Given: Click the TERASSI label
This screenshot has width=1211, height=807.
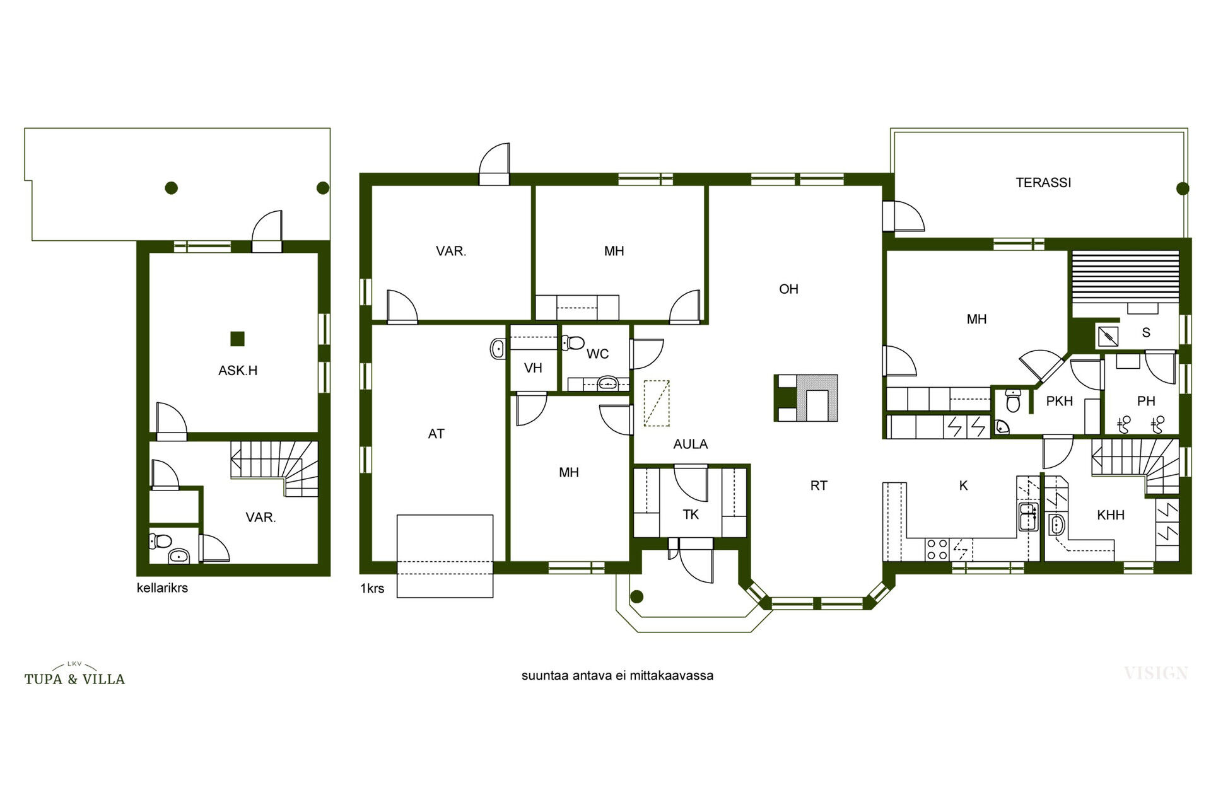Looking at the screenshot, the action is pyautogui.click(x=1043, y=183).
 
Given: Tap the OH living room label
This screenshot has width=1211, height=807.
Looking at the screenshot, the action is pyautogui.click(x=788, y=289).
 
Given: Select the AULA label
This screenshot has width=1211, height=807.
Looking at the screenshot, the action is pyautogui.click(x=691, y=444).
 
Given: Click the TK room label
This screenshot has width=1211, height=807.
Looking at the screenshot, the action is pyautogui.click(x=691, y=514).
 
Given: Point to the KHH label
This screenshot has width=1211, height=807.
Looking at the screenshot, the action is pyautogui.click(x=1111, y=515).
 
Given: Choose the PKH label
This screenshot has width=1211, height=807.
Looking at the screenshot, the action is pyautogui.click(x=1060, y=401).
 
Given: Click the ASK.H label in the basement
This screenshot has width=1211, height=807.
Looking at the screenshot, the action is pyautogui.click(x=238, y=371).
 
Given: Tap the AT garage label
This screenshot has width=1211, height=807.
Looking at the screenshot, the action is pyautogui.click(x=436, y=434).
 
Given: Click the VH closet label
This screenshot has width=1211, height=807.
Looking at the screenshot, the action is pyautogui.click(x=533, y=368).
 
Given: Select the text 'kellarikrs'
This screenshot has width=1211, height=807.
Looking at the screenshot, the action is pyautogui.click(x=162, y=588).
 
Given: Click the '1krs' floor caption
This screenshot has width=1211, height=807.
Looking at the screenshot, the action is pyautogui.click(x=372, y=588).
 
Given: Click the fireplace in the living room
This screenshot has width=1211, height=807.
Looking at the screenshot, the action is pyautogui.click(x=807, y=398).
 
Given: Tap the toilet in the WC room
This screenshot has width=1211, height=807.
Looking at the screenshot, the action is pyautogui.click(x=573, y=343).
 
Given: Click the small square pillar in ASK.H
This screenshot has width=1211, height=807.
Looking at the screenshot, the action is pyautogui.click(x=237, y=339).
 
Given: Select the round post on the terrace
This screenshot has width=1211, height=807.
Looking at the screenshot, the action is pyautogui.click(x=1183, y=188).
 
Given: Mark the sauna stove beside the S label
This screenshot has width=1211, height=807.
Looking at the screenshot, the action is pyautogui.click(x=1108, y=336).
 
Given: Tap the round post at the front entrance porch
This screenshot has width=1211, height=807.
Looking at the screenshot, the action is pyautogui.click(x=637, y=596).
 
